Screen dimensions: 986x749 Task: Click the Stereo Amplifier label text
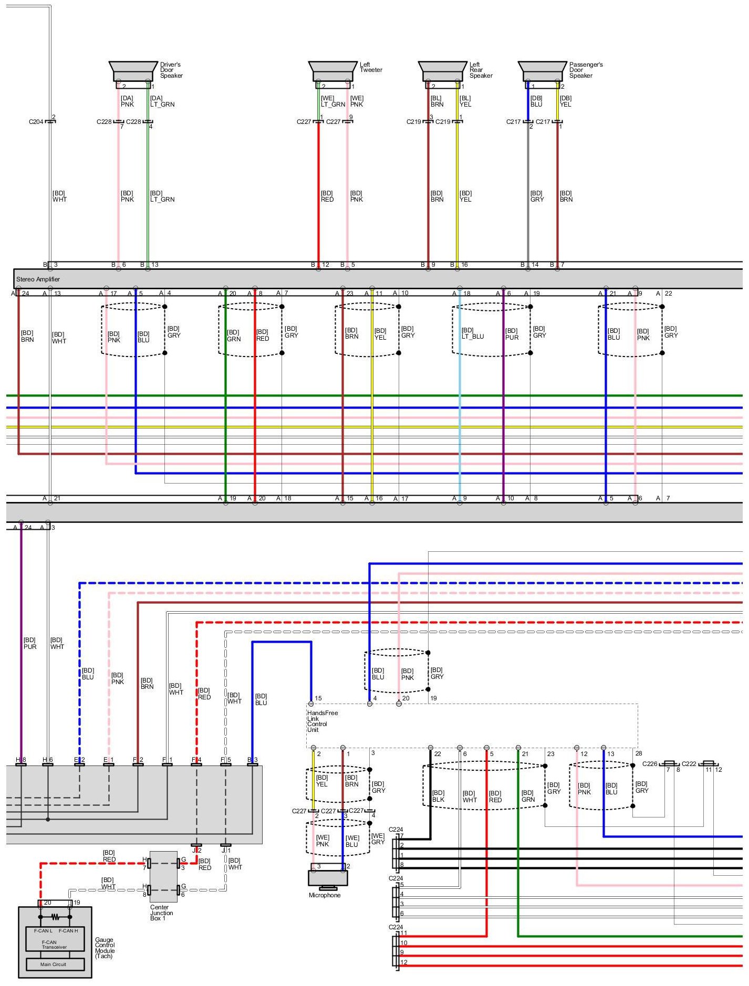38,279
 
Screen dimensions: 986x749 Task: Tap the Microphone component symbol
328,877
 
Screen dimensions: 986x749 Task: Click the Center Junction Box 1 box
163,876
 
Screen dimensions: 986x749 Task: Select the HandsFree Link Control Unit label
322,721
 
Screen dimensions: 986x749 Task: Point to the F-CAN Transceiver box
55,939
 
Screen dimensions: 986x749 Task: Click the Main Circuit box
55,964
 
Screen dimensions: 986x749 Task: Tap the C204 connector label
36,122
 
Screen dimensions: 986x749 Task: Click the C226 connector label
650,764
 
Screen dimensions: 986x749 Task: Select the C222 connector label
689,764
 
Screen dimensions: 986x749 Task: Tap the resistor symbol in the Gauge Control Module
55,917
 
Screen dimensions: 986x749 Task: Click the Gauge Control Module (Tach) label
105,948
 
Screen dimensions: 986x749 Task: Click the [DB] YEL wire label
565,101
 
